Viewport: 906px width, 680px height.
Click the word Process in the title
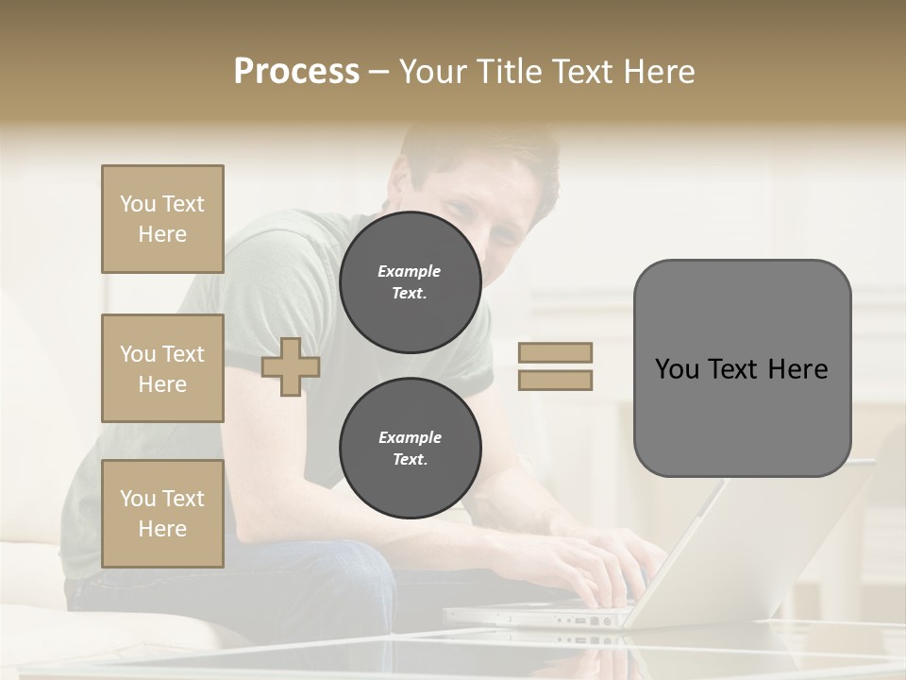click(296, 72)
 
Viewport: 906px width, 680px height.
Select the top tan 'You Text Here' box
click(162, 219)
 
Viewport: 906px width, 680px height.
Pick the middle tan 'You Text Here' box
click(162, 368)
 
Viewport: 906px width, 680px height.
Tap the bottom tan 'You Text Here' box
click(162, 514)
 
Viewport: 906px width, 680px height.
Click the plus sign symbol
click(291, 367)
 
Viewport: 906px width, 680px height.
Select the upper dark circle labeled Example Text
click(410, 281)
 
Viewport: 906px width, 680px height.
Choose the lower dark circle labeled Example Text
click(410, 448)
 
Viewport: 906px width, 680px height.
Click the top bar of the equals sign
click(555, 352)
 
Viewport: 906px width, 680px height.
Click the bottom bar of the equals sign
click(555, 381)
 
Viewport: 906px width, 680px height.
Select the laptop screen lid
click(755, 538)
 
